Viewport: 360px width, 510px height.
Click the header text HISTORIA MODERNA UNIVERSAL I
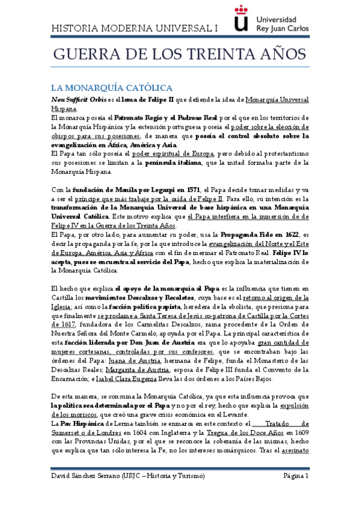click(x=135, y=29)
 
